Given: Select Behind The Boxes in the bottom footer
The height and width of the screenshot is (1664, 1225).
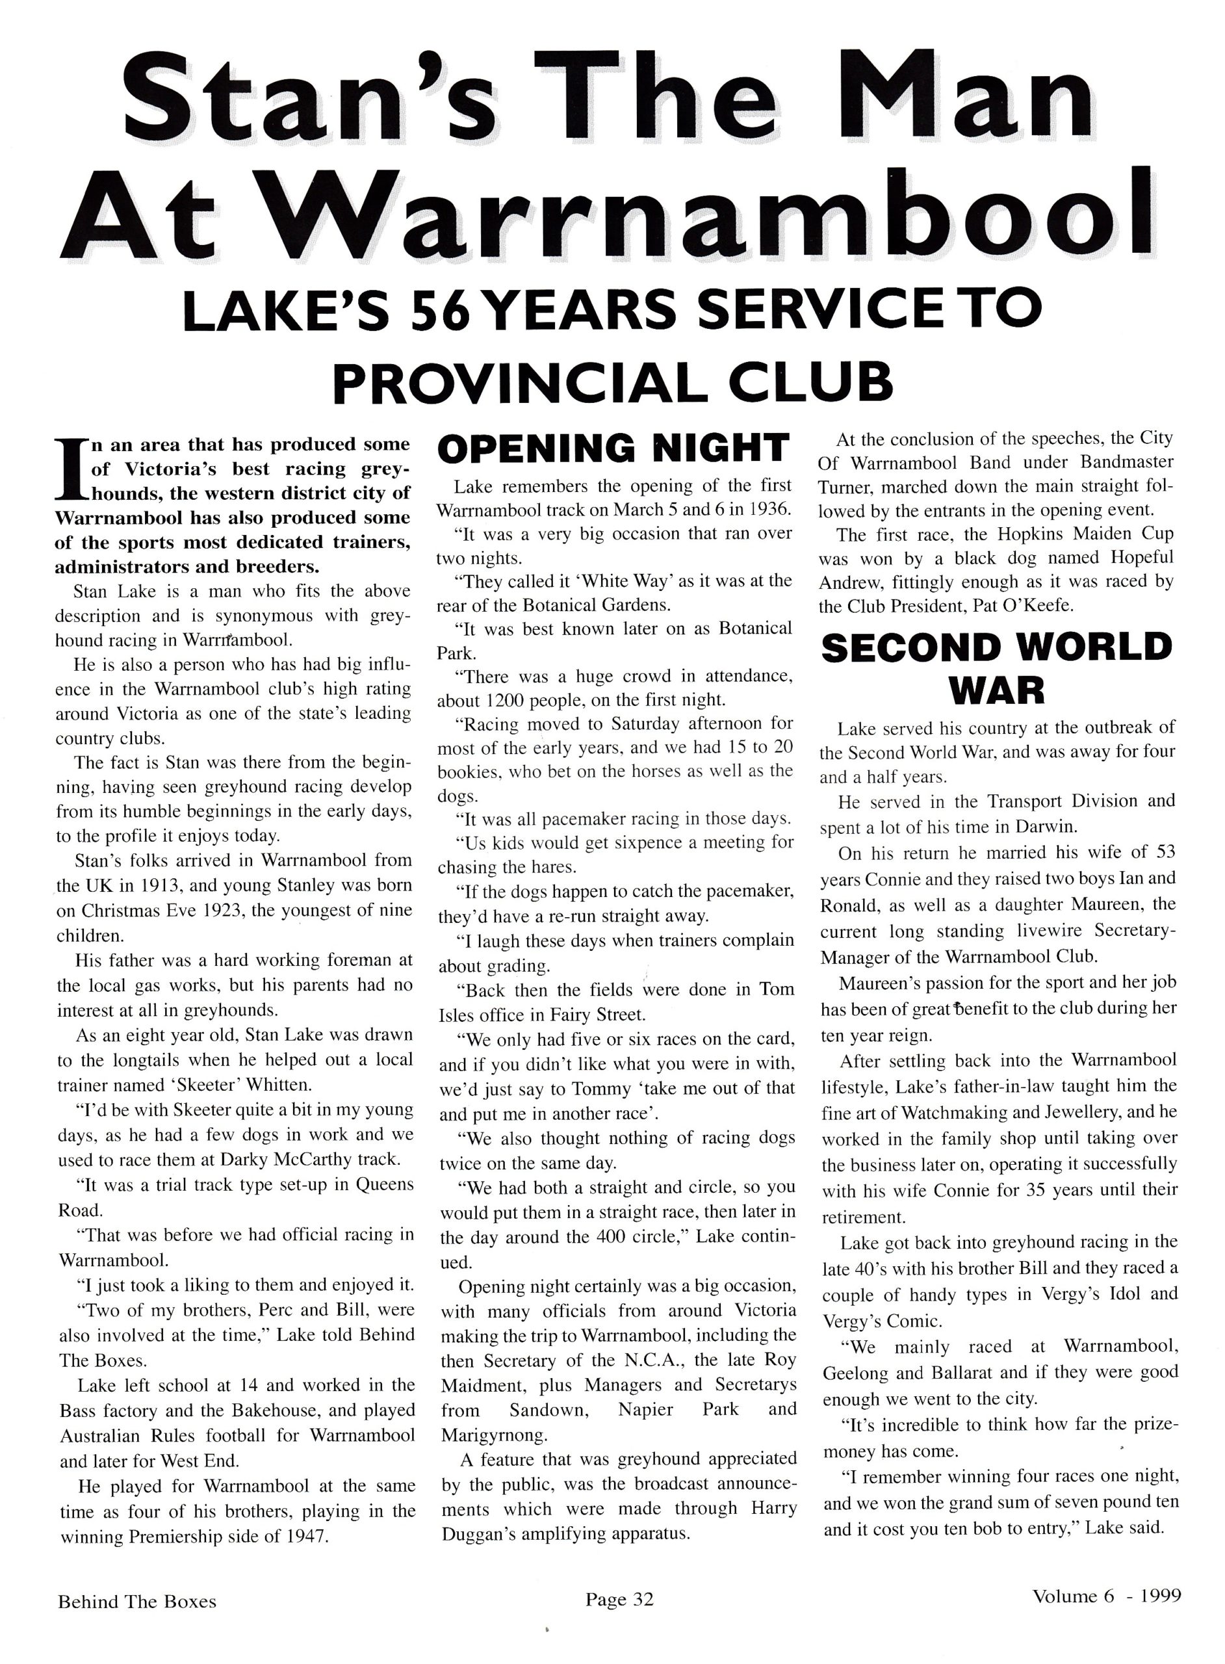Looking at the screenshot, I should tap(137, 1602).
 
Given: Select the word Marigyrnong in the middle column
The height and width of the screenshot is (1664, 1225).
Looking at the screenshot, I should tap(493, 1435).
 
